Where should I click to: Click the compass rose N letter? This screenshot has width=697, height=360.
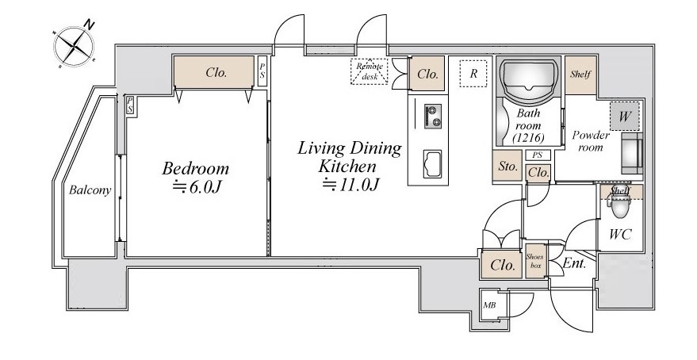pos(90,25)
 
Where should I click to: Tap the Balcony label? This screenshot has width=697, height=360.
pos(90,190)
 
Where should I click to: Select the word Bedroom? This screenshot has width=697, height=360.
pos(196,168)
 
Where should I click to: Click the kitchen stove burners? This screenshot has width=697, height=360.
pos(432,117)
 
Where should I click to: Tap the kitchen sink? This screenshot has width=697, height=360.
pos(432,164)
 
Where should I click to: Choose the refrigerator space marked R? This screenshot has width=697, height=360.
pos(473,73)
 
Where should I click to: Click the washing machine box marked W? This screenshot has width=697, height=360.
pos(625,117)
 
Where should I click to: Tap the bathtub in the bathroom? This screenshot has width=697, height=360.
pos(529,76)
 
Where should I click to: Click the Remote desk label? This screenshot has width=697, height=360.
pos(370,71)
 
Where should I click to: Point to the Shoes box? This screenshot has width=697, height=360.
pos(534,261)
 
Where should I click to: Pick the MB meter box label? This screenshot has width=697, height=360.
pos(489,305)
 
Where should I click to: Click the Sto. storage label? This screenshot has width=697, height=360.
pos(507,167)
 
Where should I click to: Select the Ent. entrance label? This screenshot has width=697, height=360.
pos(574,263)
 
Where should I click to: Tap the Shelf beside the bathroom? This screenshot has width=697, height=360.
pos(580,75)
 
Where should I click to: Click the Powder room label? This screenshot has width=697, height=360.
pos(590,141)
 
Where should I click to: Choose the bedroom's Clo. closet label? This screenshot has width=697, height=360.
pos(216,72)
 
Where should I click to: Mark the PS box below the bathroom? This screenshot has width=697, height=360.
pos(538,155)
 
